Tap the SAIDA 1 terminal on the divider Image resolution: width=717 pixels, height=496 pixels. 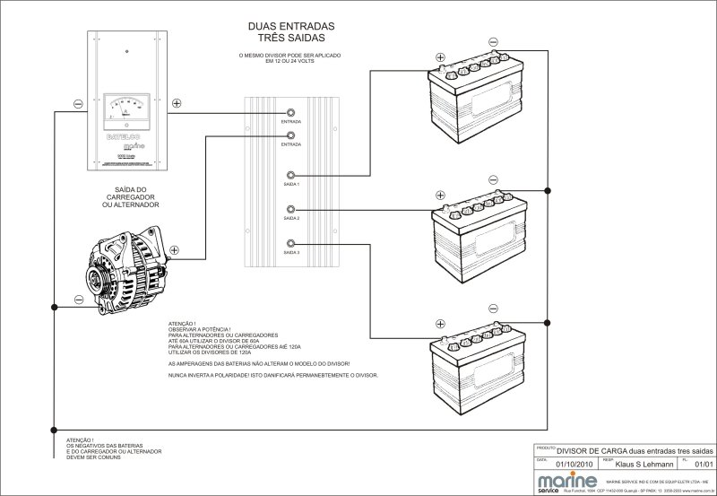click(290, 175)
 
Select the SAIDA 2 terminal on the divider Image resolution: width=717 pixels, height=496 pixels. click(290, 209)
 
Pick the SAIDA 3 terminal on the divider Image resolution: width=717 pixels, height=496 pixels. click(290, 243)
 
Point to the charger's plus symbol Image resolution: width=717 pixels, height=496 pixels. click(177, 103)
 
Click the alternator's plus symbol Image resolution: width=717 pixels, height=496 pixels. click(174, 250)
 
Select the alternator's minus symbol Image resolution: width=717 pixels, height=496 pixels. click(79, 299)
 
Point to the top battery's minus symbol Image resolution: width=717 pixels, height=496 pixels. click(493, 41)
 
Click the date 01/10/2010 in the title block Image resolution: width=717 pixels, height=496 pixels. click(574, 465)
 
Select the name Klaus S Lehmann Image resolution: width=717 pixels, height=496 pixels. click(644, 465)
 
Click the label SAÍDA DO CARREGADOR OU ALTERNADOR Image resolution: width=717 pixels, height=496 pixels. click(132, 197)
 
